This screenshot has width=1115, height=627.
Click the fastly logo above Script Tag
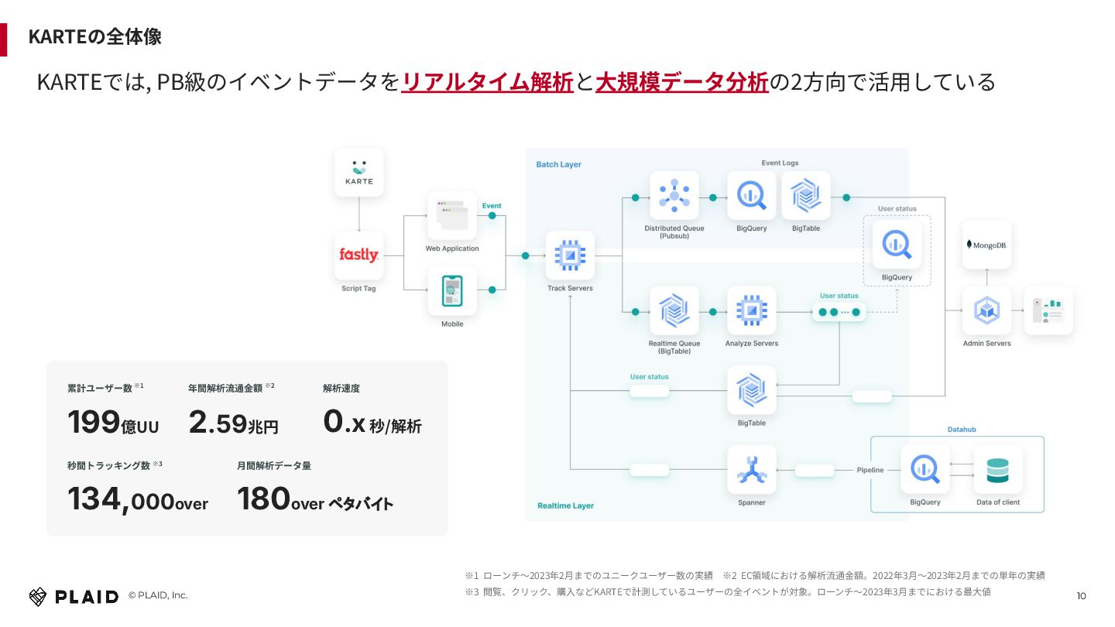click(359, 255)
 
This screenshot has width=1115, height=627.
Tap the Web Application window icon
click(452, 215)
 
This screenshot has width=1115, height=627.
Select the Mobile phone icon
click(452, 291)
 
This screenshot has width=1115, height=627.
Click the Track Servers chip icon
click(570, 255)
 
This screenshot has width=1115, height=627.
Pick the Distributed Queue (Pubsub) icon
click(674, 195)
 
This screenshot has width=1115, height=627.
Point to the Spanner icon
click(751, 470)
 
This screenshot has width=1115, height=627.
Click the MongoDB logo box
click(986, 245)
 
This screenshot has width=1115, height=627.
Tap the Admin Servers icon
click(986, 310)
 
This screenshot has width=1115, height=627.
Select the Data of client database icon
click(997, 470)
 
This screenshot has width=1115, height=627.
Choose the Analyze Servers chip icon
click(751, 310)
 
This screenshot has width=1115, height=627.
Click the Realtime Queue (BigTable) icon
click(674, 310)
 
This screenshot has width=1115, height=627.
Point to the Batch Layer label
click(558, 165)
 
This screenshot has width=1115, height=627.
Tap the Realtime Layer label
click(565, 505)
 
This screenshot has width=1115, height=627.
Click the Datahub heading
click(962, 430)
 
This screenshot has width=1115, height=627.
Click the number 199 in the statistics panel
click(94, 423)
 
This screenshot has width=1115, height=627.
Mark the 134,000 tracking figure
click(120, 499)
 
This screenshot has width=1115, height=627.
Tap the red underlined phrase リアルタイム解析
click(488, 81)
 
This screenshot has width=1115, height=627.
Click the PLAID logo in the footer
click(74, 596)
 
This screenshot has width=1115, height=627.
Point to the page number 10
click(1082, 595)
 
